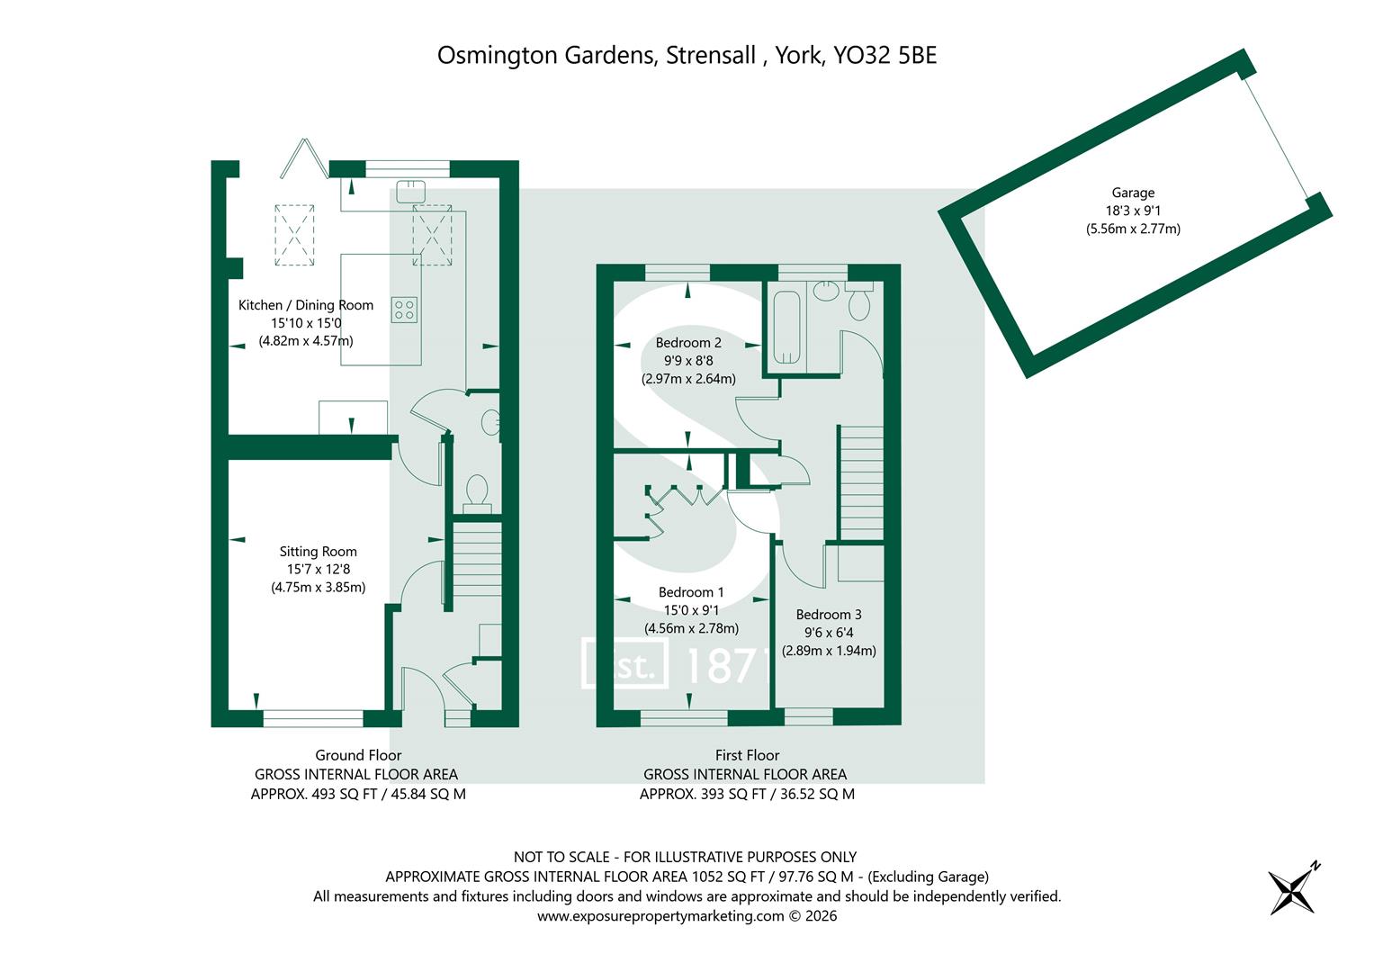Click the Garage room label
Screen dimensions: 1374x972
pyautogui.click(x=1132, y=193)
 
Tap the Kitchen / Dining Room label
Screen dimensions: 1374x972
pyautogui.click(x=305, y=305)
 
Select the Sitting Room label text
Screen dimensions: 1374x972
pyautogui.click(x=318, y=552)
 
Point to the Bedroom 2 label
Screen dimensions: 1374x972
pyautogui.click(x=688, y=342)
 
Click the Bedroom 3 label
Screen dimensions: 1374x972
pyautogui.click(x=829, y=614)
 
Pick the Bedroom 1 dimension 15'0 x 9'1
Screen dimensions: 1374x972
pyautogui.click(x=691, y=610)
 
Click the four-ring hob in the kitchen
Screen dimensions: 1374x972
pyautogui.click(x=404, y=310)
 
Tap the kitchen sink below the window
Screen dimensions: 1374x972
pyautogui.click(x=410, y=192)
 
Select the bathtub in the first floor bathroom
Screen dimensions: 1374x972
pyautogui.click(x=786, y=328)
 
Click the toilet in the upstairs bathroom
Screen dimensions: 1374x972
pyautogui.click(x=859, y=301)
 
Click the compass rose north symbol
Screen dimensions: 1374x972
pyautogui.click(x=1294, y=889)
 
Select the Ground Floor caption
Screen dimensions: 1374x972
pyautogui.click(x=358, y=755)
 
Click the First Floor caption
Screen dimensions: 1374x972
pyautogui.click(x=747, y=755)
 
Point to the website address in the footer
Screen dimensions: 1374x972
pyautogui.click(x=660, y=916)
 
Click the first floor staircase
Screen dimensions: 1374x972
pyautogui.click(x=861, y=483)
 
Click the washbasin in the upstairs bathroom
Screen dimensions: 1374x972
pyautogui.click(x=826, y=291)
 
